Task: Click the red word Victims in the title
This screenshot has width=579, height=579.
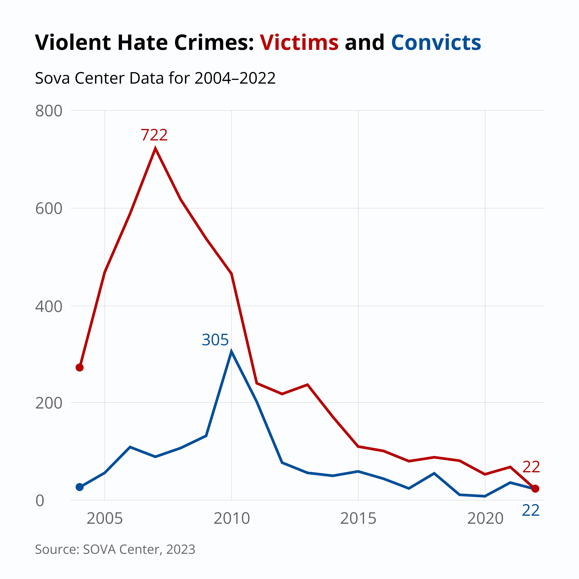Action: coord(299,43)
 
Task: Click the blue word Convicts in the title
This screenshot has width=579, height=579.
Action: coord(436,43)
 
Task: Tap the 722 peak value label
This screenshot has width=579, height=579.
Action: coord(154,135)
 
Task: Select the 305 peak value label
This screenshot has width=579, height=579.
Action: coord(215,340)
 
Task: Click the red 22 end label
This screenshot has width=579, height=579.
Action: coord(531,467)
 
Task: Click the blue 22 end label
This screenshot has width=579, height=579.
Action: coord(530,511)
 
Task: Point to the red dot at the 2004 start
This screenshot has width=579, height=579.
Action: coord(79,368)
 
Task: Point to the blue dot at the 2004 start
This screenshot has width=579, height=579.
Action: coord(79,487)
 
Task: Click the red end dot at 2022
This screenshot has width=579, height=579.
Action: coord(535,488)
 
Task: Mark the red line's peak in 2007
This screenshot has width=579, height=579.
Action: coord(155,148)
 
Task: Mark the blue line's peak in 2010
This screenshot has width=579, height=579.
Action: coord(231,351)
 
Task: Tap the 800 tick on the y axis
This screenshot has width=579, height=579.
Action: coord(49,111)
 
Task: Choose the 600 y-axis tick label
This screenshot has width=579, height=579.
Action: coord(49,209)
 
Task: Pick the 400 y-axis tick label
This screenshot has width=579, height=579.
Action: coord(49,307)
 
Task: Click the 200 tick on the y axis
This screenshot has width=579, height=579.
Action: coord(49,403)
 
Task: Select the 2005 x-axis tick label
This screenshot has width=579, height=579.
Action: coord(105,518)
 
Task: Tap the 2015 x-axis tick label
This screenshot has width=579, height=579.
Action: coord(358,518)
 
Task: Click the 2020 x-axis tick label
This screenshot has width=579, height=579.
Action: coord(485,518)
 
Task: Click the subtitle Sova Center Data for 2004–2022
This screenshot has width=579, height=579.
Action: coord(155,78)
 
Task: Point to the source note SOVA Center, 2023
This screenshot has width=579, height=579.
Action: coord(115,549)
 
